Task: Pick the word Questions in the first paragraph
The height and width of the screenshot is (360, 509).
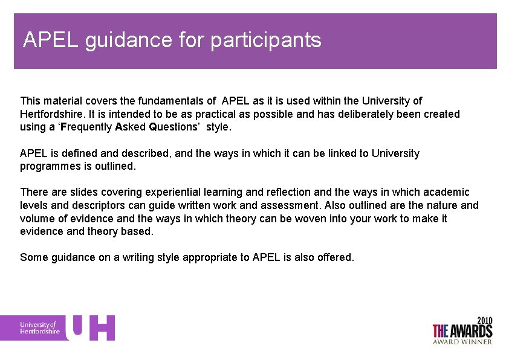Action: click(174, 127)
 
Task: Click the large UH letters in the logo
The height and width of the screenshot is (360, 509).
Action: click(90, 327)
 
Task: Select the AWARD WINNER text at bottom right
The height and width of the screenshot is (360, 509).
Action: click(462, 341)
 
